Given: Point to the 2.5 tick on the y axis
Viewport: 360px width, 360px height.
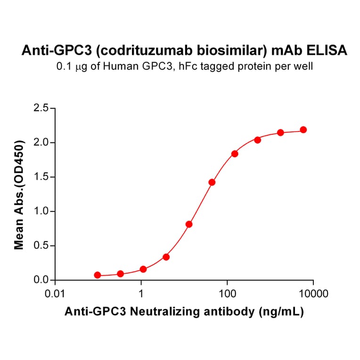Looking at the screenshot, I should (42, 108).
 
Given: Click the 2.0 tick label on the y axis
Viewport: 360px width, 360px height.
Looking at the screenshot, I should (42, 143).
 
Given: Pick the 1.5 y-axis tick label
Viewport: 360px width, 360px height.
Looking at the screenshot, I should (42, 177).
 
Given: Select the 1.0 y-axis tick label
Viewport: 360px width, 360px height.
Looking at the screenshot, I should (42, 212).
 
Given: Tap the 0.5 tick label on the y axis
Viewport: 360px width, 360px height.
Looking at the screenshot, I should (42, 246).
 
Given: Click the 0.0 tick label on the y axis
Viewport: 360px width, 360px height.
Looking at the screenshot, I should (42, 280).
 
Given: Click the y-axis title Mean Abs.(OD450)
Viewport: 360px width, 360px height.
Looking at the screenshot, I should (19, 194).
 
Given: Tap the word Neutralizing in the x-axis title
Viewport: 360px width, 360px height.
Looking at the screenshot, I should (188, 311).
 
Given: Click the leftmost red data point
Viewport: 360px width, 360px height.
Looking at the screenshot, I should (98, 275).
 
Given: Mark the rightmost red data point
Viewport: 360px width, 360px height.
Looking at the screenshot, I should (303, 130).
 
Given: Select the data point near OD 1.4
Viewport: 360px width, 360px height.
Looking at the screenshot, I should (212, 182).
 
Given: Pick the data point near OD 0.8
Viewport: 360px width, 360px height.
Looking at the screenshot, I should (189, 224).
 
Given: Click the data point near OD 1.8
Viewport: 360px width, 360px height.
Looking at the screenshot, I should (235, 154).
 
